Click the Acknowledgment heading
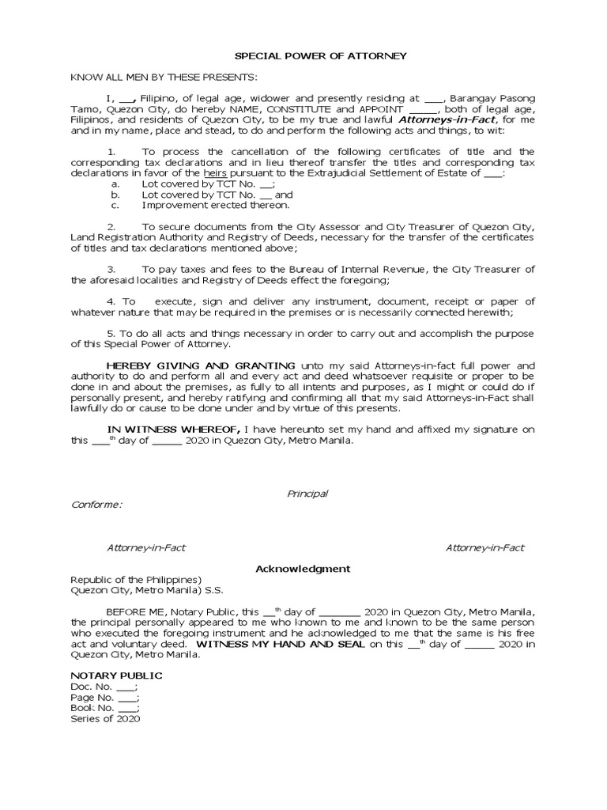click(302, 569)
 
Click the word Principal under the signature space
click(307, 494)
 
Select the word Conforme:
click(96, 505)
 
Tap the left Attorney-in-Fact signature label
click(146, 547)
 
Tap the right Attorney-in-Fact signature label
click(484, 547)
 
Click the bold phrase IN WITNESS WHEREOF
click(163, 430)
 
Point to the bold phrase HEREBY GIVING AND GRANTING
click(202, 365)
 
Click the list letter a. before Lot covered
click(115, 184)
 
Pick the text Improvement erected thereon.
click(204, 205)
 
